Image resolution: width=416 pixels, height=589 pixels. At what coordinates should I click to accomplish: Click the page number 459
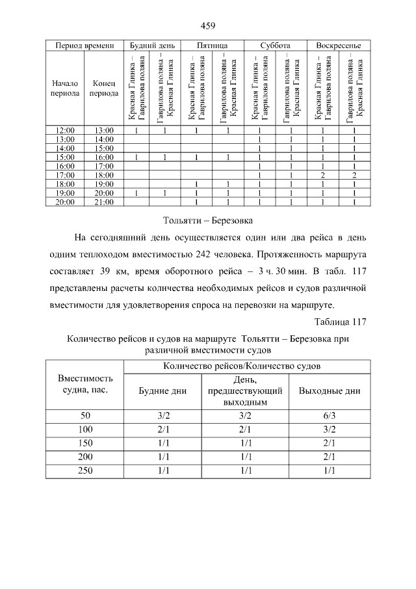(207, 26)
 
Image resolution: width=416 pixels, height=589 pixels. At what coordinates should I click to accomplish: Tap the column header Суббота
(275, 46)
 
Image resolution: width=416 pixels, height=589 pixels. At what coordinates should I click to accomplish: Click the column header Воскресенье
(338, 46)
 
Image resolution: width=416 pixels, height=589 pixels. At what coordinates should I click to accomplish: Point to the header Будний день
(151, 46)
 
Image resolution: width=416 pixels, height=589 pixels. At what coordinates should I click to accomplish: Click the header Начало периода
(65, 88)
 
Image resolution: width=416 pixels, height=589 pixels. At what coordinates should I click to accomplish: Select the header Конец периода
(104, 88)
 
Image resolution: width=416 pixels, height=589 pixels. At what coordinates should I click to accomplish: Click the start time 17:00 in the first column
(65, 175)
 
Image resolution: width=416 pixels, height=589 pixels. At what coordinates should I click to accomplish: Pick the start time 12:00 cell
(65, 130)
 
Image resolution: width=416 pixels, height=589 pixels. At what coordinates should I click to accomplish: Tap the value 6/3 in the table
(329, 415)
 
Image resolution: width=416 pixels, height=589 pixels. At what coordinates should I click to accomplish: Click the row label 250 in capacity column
(85, 470)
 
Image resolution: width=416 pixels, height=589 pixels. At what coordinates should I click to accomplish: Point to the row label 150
(85, 443)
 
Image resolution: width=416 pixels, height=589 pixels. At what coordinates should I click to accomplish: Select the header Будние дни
(163, 391)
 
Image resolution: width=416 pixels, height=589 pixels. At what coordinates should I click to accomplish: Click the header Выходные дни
(329, 391)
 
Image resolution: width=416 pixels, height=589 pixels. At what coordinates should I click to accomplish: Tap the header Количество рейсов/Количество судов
(247, 366)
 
